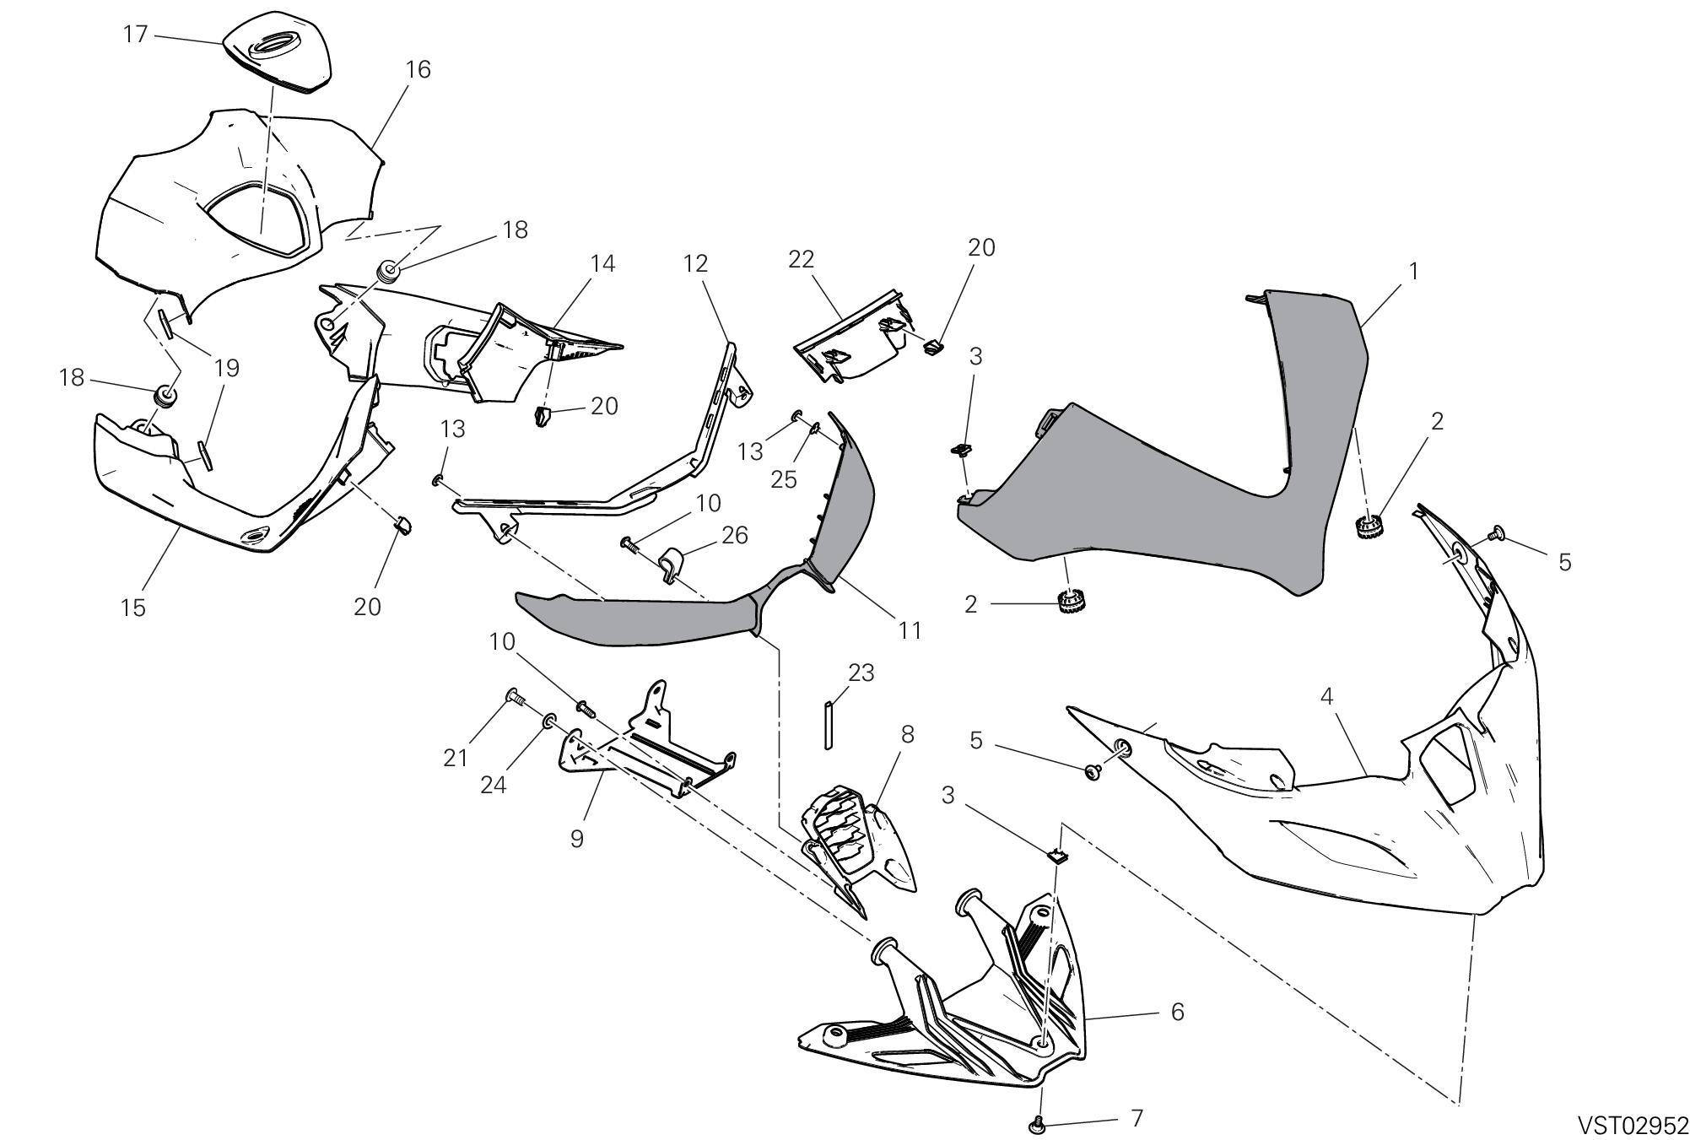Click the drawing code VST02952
pos(1633,1125)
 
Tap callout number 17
pos(136,35)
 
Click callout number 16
pos(418,69)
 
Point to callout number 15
pos(133,607)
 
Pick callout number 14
pos(602,263)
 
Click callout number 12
pos(695,263)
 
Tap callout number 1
pos(1413,271)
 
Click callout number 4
pos(1326,697)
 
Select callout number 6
pos(1178,1011)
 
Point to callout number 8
pos(907,733)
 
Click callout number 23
pos(861,673)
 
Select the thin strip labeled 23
pos(829,724)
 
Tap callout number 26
pos(735,535)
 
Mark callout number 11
pos(910,629)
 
